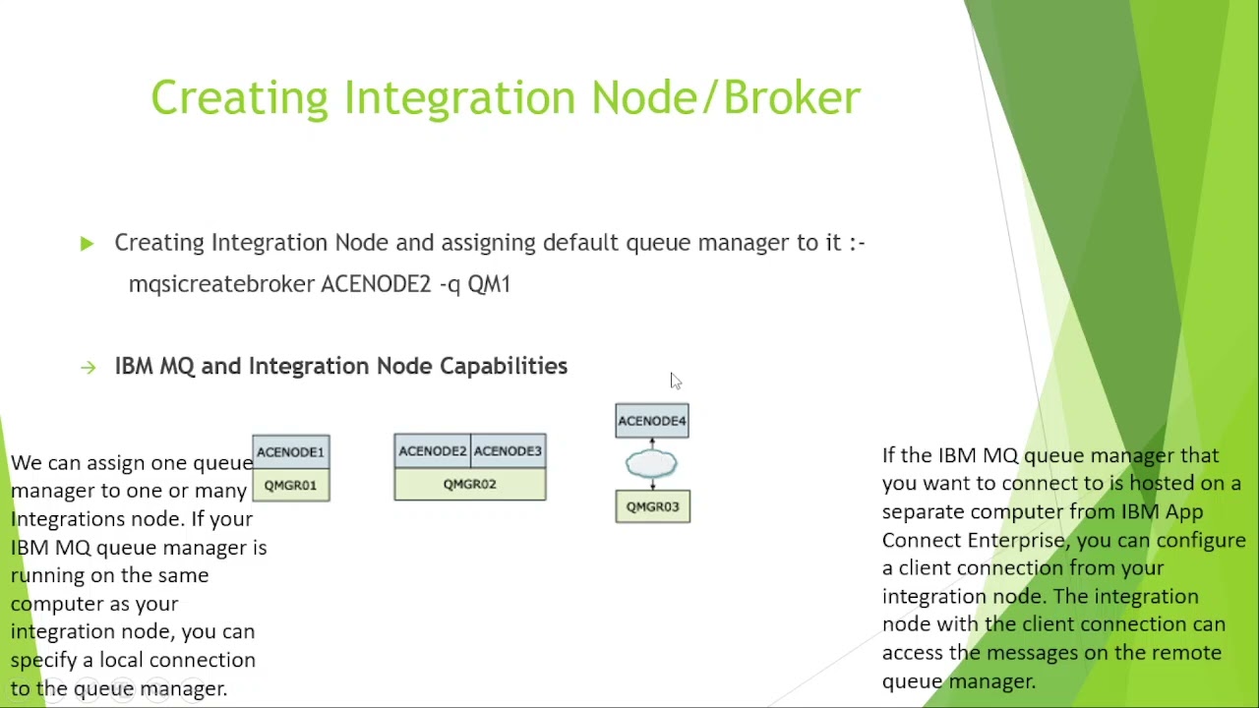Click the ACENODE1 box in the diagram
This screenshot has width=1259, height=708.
tap(291, 451)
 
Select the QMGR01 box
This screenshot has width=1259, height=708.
tap(291, 485)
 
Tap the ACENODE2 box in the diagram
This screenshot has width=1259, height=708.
tap(432, 450)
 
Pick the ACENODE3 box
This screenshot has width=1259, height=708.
tap(509, 450)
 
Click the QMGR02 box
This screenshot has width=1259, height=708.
tap(470, 484)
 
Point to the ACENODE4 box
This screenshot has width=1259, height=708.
tap(652, 421)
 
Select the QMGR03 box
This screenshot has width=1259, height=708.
tap(652, 506)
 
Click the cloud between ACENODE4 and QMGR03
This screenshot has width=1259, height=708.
tap(651, 464)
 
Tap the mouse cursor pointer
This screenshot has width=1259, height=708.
tap(676, 381)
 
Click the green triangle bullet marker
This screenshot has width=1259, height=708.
tap(87, 244)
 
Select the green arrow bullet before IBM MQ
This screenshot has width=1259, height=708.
tap(89, 368)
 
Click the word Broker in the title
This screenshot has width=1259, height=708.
tap(793, 97)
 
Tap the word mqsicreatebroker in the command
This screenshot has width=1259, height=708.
tap(221, 284)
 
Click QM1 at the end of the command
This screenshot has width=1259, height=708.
tap(489, 284)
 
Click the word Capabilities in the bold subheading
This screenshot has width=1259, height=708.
tap(504, 367)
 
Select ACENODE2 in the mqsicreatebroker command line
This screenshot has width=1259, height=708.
tap(376, 284)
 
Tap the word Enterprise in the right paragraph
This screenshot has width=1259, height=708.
tap(1016, 541)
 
